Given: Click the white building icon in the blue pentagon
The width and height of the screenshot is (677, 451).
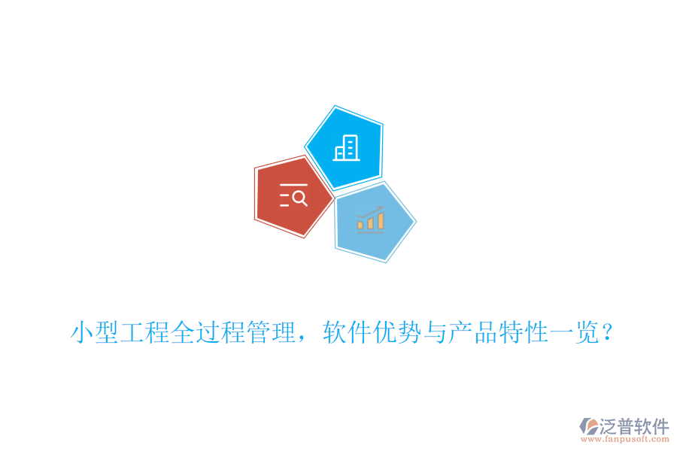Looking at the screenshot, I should [347, 147].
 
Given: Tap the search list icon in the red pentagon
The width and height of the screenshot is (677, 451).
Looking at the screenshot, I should [293, 195].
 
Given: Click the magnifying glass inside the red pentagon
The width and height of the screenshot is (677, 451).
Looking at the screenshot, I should [299, 198].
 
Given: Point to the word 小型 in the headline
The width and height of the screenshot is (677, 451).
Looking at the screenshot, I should [96, 331].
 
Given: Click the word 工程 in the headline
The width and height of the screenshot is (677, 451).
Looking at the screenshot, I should [145, 331].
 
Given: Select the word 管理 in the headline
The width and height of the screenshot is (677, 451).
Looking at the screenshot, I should [270, 331].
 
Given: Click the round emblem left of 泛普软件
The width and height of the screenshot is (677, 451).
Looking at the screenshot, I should [588, 427].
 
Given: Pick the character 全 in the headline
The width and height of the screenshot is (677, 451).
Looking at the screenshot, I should [183, 331].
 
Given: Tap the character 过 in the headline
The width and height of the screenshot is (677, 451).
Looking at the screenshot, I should [208, 331].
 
